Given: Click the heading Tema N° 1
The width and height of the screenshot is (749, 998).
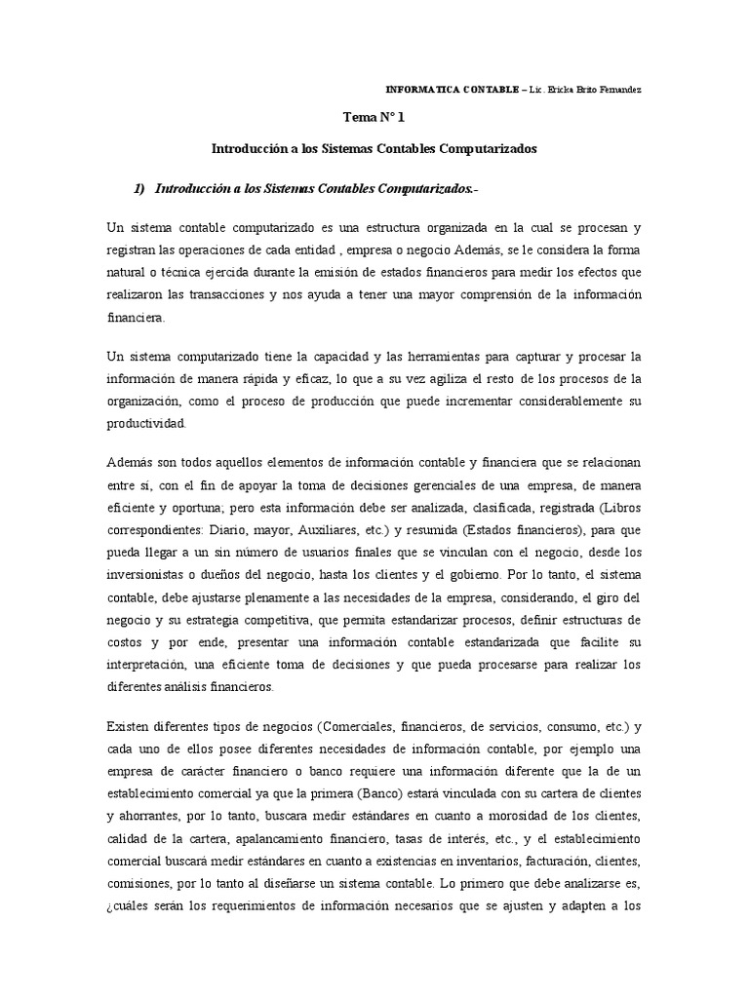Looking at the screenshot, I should (374, 118).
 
